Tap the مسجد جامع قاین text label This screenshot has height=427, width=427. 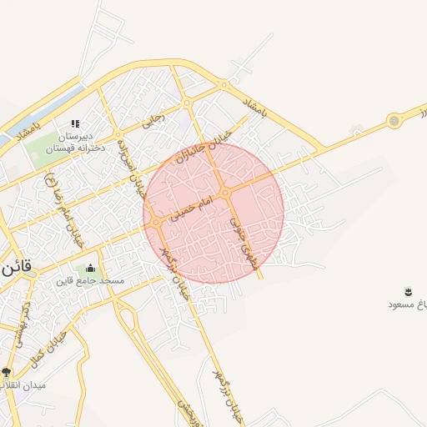click(x=90, y=281)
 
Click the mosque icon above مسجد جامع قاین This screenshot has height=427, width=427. click(x=90, y=268)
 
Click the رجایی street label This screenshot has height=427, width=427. click(x=154, y=120)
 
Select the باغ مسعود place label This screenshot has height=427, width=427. click(x=402, y=304)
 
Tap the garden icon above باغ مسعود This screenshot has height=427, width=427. click(x=409, y=291)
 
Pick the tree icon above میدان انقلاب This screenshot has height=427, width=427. click(x=7, y=373)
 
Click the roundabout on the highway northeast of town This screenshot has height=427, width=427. click(x=394, y=122)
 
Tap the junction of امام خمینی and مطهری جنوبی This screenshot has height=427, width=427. click(x=226, y=193)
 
